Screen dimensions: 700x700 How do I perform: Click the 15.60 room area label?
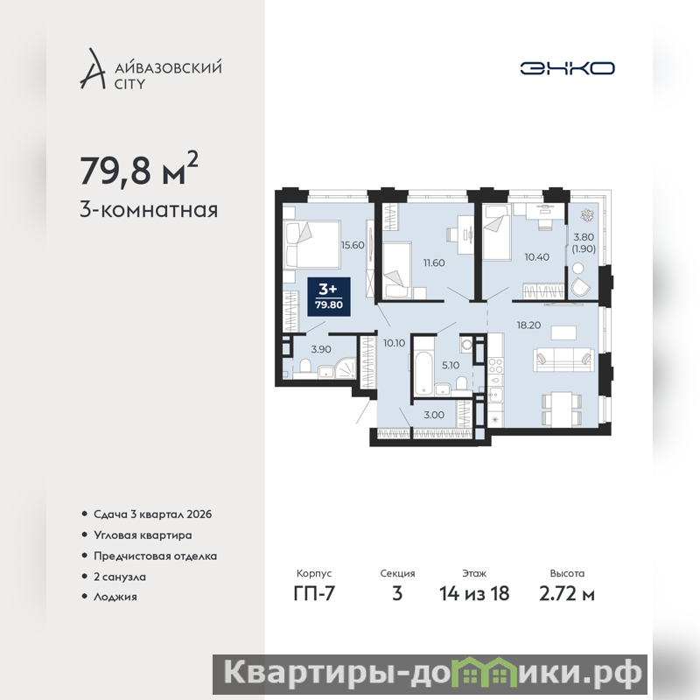(353, 245)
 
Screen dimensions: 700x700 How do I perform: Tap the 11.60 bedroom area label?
(434, 263)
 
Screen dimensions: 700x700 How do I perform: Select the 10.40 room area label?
(536, 257)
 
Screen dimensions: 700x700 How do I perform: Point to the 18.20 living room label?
(528, 325)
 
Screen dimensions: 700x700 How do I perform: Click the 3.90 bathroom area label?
(321, 349)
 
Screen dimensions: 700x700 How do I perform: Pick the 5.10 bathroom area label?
(451, 366)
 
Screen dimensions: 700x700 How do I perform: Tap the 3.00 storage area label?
(434, 415)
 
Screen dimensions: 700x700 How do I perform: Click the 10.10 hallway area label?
(395, 343)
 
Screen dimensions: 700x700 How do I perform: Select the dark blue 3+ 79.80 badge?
(329, 297)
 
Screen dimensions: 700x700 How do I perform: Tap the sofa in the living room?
(563, 360)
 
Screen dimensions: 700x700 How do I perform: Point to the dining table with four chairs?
(562, 409)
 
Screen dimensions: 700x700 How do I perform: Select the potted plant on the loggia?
(586, 215)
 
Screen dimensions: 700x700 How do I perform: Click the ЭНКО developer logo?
(567, 68)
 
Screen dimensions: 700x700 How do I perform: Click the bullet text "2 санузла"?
(120, 577)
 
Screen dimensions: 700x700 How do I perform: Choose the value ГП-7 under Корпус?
(314, 594)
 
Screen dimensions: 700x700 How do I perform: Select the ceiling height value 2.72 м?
(567, 594)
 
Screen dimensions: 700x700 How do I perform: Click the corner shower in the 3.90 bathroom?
(346, 368)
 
